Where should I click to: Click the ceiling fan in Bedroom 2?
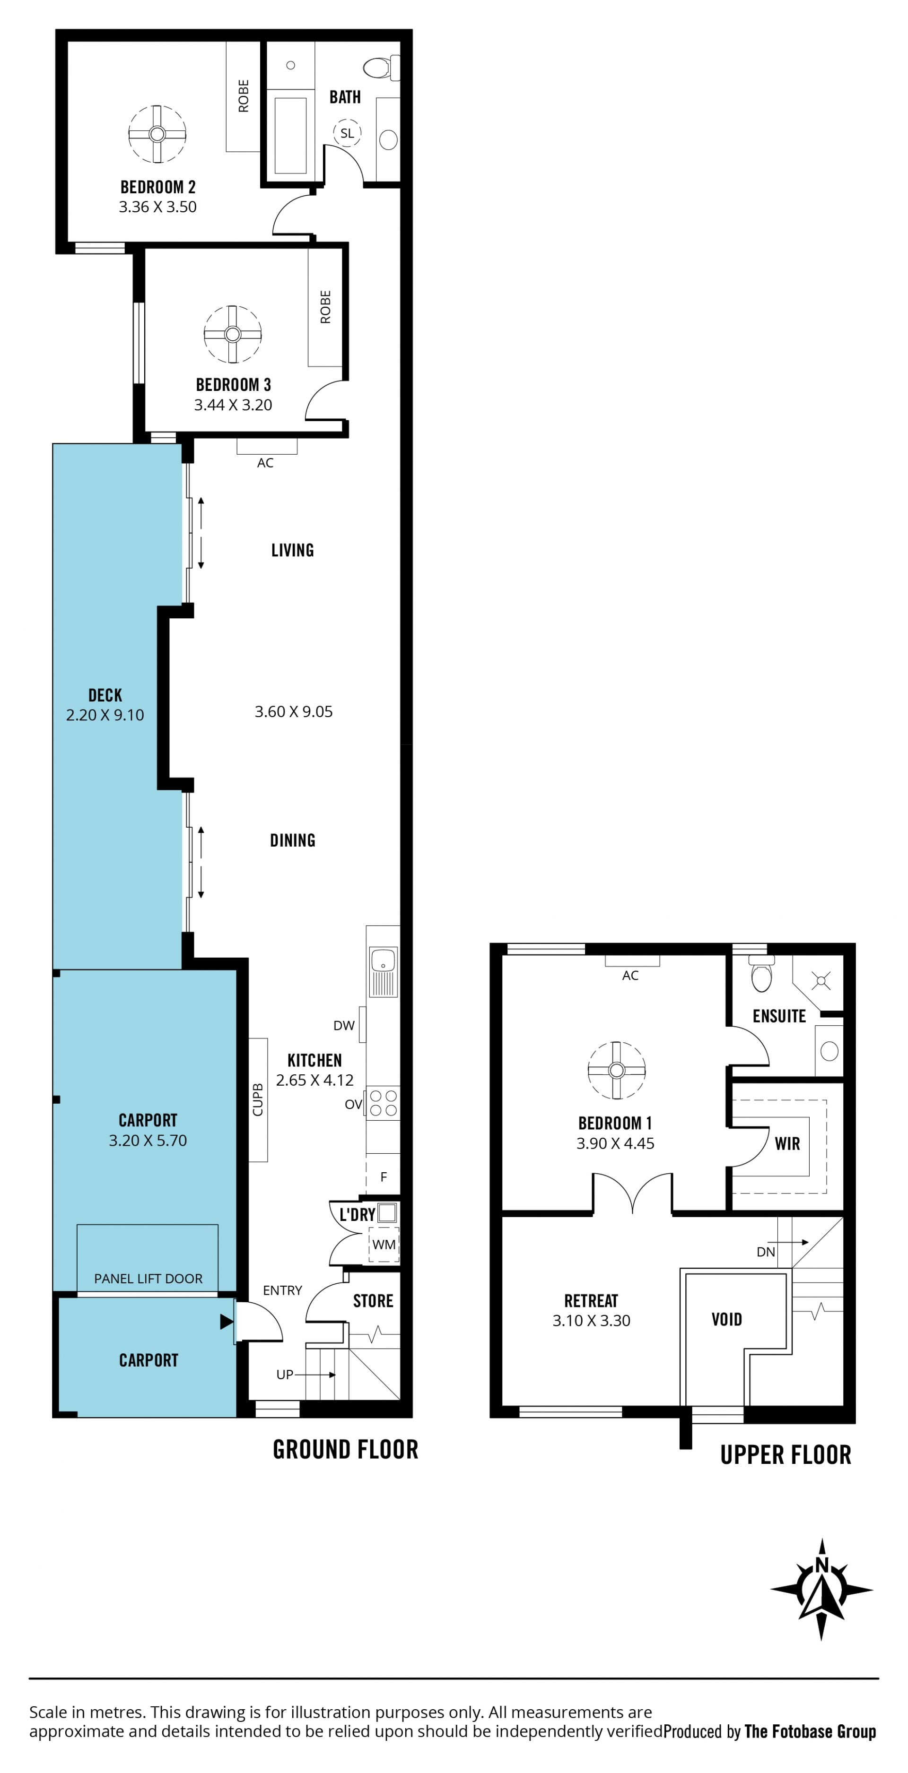(157, 133)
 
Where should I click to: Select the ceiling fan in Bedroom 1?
(617, 1070)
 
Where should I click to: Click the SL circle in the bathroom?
(347, 133)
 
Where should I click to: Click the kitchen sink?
(384, 972)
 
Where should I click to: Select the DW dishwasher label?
(343, 1026)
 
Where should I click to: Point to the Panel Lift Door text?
(148, 1279)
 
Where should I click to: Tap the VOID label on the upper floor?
(727, 1319)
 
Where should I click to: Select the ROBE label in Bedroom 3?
(325, 307)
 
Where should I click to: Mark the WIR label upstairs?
(787, 1143)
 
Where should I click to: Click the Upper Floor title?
(786, 1454)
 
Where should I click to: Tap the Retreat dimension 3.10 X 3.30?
(591, 1320)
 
